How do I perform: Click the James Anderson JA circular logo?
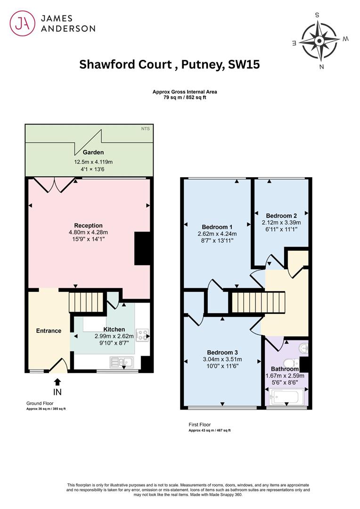tap(23, 23)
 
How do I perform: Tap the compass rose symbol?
tap(319, 41)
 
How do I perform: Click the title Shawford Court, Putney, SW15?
tap(170, 64)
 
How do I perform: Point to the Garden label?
tap(93, 152)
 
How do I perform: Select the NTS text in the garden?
tap(146, 129)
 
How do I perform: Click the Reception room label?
tap(88, 225)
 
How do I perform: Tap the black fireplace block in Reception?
tap(142, 249)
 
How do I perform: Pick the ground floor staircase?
tap(86, 302)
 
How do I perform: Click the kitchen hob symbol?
tap(142, 336)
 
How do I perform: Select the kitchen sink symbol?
tap(122, 362)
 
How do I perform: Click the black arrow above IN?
tap(57, 382)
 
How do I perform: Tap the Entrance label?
tap(49, 331)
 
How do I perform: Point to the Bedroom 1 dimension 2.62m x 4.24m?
tap(217, 234)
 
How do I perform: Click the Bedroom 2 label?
tap(281, 215)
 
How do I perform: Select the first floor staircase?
tap(258, 303)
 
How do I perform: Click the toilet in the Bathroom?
tap(291, 362)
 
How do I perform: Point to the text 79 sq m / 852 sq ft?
tap(185, 98)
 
